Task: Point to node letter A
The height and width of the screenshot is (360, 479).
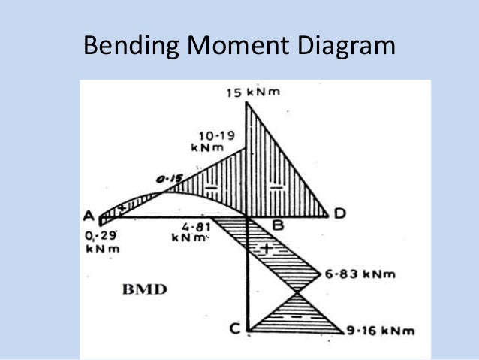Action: point(89,215)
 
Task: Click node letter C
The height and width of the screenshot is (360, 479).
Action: point(235,328)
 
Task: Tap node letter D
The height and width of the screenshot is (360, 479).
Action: point(339,214)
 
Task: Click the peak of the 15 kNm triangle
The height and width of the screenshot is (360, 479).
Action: point(247,102)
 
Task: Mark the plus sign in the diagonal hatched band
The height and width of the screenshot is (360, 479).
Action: point(267,249)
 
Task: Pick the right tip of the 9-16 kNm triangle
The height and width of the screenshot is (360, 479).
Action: point(344,331)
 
